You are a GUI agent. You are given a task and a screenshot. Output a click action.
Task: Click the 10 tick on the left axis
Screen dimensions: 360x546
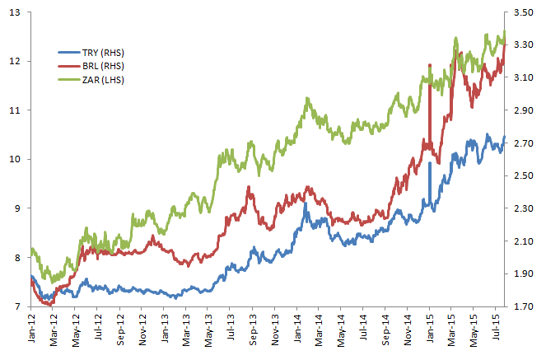point(14,159)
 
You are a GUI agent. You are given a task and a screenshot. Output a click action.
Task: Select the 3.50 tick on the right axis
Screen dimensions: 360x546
point(524,12)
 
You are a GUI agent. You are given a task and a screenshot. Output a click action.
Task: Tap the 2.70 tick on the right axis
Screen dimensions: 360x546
point(524,143)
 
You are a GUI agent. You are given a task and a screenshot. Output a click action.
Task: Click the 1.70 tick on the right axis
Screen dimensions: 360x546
point(524,306)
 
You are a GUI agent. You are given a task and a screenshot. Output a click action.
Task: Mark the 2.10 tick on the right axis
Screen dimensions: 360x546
point(524,241)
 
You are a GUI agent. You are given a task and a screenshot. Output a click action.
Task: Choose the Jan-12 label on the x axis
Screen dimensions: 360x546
point(32,327)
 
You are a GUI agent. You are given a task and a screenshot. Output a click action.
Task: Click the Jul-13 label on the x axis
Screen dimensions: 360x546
point(231,327)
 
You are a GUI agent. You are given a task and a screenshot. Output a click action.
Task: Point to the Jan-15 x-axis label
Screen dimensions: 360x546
point(430,327)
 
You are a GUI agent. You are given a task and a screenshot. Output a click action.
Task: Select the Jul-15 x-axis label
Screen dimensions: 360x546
point(497,327)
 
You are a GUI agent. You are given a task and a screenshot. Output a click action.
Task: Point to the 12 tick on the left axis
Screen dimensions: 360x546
point(14,61)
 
